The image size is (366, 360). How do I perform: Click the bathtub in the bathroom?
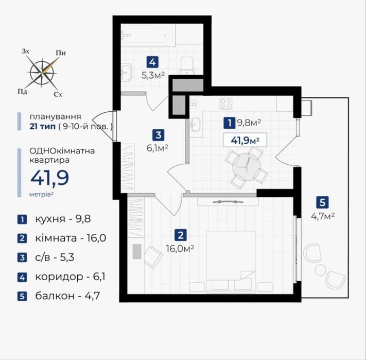148,36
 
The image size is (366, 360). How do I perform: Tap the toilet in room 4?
187,65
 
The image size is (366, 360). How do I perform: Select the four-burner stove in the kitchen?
226,104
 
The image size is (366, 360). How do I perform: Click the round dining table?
247,167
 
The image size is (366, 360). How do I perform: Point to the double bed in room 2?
231,262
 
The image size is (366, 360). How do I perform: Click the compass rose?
42,72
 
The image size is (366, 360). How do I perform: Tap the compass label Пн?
61,53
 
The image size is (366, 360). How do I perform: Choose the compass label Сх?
58,95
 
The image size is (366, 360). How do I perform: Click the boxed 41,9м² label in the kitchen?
245,140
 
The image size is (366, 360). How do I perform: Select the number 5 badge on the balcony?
322,202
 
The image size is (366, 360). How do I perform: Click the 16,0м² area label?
180,248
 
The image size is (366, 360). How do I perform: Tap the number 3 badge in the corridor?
158,135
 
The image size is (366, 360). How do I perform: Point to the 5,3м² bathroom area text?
153,75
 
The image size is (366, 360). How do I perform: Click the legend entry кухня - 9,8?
63,219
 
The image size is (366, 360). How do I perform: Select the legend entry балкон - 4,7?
67,296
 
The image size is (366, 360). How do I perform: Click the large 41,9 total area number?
50,178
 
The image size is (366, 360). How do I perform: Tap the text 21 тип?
43,127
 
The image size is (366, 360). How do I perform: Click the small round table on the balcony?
321,270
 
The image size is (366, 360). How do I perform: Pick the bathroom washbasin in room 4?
127,73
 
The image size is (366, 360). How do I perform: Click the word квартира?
49,161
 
